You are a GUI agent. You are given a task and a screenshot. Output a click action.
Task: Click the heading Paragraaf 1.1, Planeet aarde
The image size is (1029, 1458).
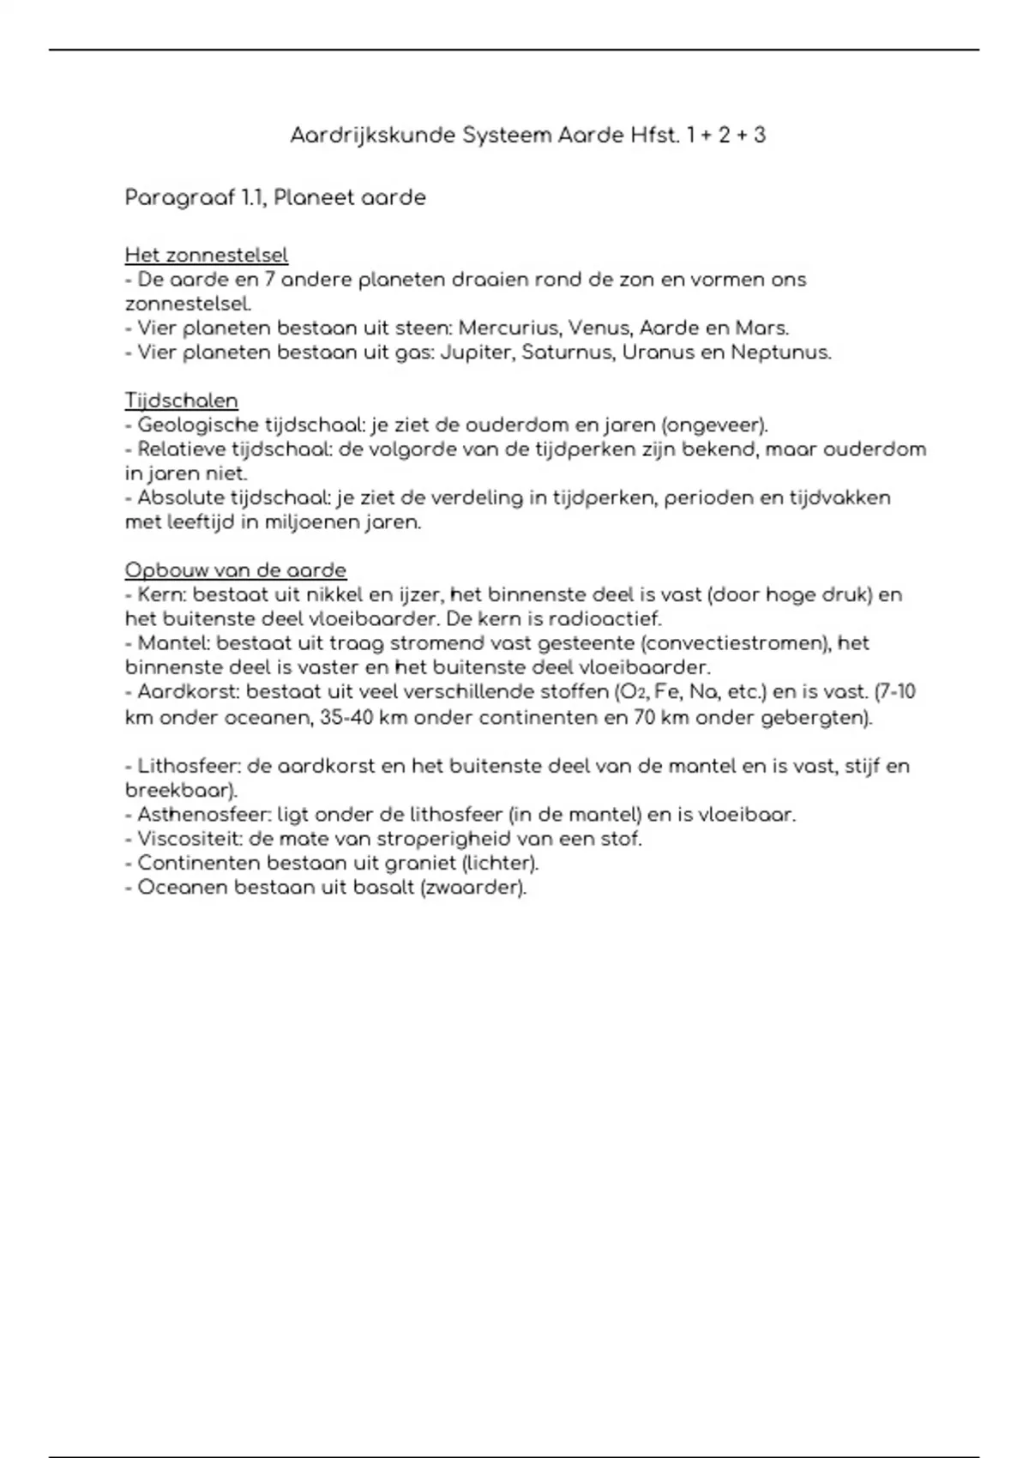pos(275,198)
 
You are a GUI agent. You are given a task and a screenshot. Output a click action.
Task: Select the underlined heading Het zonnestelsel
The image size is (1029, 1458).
pos(207,255)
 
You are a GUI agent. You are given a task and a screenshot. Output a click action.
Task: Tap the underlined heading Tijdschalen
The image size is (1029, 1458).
pos(182,401)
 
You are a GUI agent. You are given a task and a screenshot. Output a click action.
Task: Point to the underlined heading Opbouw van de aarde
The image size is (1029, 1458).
pos(236,570)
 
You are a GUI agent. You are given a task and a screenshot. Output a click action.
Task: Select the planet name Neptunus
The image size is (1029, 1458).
pos(779,352)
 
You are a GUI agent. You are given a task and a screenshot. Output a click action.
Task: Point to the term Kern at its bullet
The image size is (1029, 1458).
pos(160,595)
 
